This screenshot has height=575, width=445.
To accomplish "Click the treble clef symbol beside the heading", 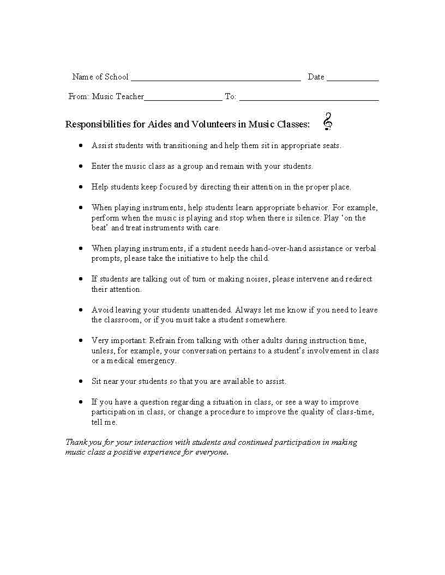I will coord(327,121).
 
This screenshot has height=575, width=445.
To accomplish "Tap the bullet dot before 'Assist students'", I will coord(81,145).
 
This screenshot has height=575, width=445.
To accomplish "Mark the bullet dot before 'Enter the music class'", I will coord(81,166).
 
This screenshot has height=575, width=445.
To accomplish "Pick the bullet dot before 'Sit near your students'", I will coord(81,381).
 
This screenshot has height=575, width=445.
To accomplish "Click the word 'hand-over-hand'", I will coord(278,248).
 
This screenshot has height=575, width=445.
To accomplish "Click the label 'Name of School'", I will coord(100,77).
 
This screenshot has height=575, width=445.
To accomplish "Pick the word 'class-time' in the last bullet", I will coord(355,412).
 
